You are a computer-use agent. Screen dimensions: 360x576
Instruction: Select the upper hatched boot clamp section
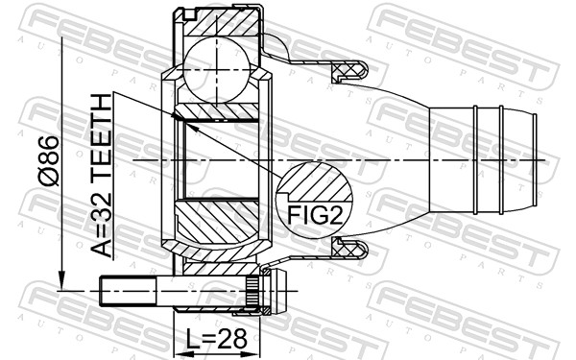coord(348,70)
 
